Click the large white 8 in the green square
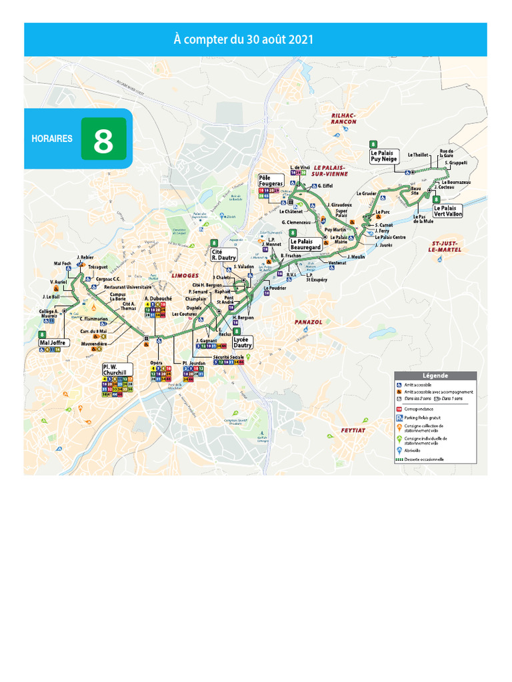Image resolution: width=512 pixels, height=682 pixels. (103, 139)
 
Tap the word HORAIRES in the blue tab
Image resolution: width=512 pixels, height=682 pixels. (52, 139)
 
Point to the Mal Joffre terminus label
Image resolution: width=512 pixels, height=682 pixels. (53, 342)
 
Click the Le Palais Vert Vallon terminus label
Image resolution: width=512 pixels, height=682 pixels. (447, 211)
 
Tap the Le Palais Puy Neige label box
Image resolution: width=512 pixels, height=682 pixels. (383, 156)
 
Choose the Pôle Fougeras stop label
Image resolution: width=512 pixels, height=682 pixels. (271, 180)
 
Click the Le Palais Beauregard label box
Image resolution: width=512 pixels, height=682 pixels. (306, 244)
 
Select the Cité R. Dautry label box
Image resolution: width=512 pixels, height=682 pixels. (223, 254)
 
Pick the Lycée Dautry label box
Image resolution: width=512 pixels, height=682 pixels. (243, 342)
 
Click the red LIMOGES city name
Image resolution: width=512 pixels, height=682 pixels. (185, 275)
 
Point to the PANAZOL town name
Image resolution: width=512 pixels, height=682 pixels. (309, 322)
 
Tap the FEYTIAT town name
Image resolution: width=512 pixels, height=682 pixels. (354, 430)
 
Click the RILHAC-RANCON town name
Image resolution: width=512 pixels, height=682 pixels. (344, 119)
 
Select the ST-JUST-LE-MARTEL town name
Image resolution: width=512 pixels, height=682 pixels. (447, 246)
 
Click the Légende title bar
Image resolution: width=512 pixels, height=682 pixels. (435, 376)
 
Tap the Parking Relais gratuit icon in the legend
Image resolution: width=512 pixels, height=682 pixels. (399, 418)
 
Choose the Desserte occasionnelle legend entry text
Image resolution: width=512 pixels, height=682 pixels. (424, 459)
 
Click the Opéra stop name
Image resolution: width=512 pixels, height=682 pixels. (157, 362)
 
